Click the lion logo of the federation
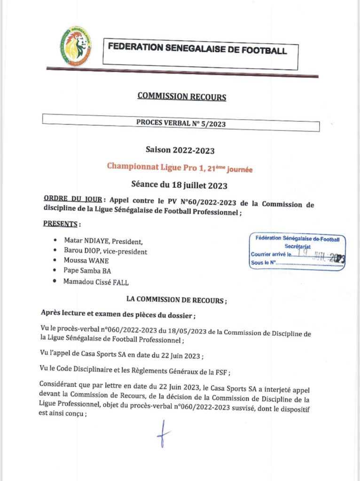point(76,46)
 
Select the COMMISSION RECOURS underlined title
point(181,97)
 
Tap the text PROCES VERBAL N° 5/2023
point(180,122)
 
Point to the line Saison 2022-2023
point(180,151)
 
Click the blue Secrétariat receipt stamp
point(297,253)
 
